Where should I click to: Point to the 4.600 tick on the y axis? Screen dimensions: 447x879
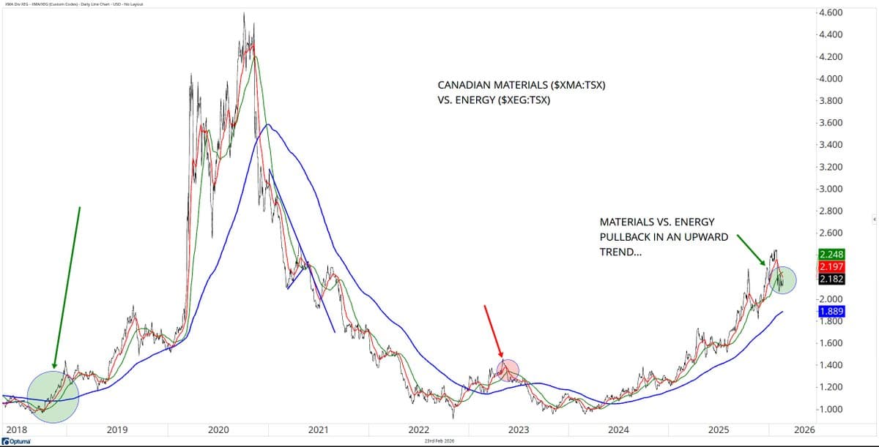pyautogui.click(x=831, y=12)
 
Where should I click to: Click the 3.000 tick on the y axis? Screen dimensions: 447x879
pyautogui.click(x=831, y=189)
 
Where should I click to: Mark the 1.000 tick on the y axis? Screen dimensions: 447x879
pyautogui.click(x=831, y=409)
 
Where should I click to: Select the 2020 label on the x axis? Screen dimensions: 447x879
pyautogui.click(x=218, y=429)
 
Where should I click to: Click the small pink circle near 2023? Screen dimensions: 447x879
pyautogui.click(x=508, y=370)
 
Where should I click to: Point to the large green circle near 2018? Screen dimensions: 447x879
pyautogui.click(x=53, y=397)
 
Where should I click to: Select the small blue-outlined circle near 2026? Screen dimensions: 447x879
pyautogui.click(x=782, y=279)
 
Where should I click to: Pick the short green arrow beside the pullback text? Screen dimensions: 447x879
pyautogui.click(x=752, y=247)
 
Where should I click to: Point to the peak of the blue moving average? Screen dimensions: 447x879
pyautogui.click(x=269, y=125)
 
